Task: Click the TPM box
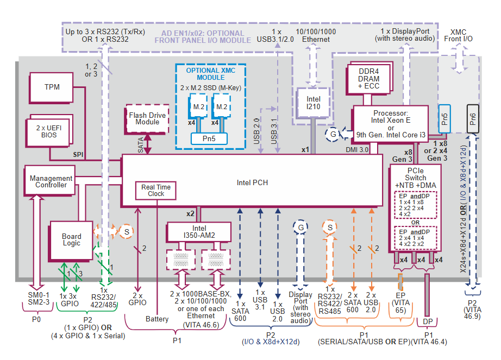tap(52, 87)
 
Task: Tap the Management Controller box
tap(51, 181)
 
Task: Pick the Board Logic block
tap(71, 240)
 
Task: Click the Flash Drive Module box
tap(147, 119)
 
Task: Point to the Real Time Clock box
tap(156, 191)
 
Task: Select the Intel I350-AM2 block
tap(199, 232)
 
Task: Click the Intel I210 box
tap(314, 103)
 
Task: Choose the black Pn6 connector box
tap(472, 119)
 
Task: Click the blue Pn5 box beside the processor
tap(444, 119)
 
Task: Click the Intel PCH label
tap(252, 183)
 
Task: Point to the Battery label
tap(157, 319)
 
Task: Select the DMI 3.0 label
tap(357, 149)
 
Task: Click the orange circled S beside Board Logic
tap(126, 231)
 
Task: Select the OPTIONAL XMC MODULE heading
tap(210, 74)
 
